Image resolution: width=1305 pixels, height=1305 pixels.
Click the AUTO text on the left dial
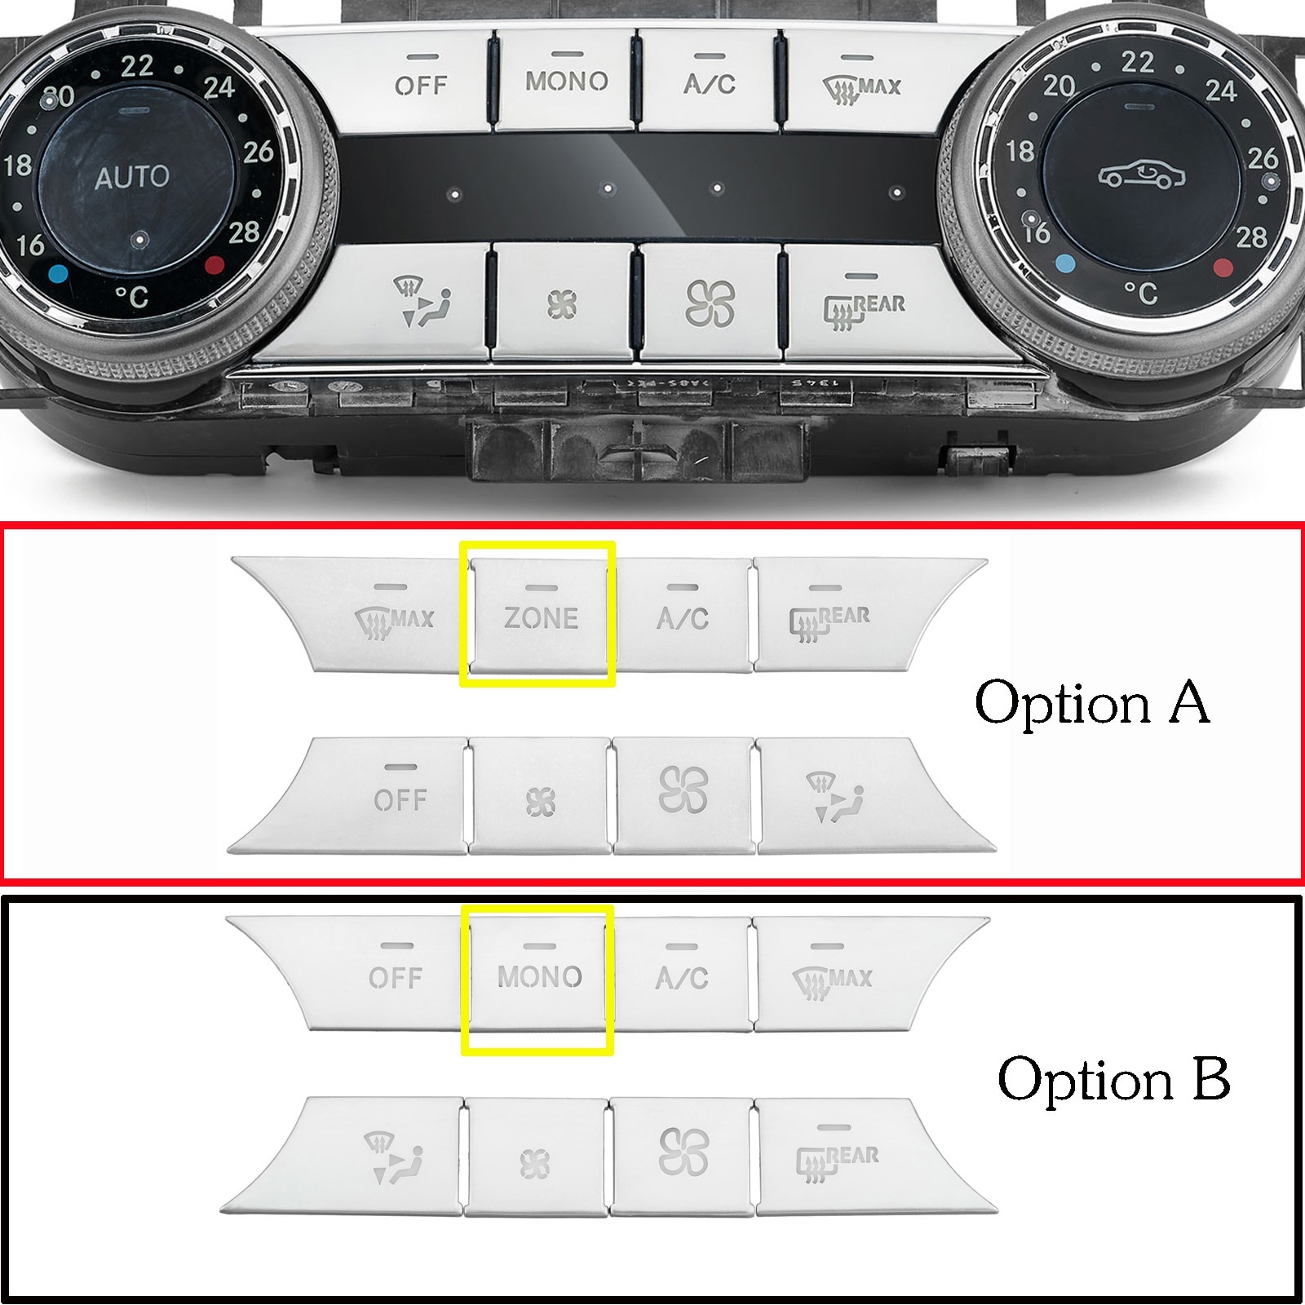coord(131,177)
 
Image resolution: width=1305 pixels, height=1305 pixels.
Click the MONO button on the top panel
coord(566,81)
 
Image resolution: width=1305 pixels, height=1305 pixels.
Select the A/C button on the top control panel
coord(709,82)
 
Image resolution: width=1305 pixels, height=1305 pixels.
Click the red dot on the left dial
coord(215,263)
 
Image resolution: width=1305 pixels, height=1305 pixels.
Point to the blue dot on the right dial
coord(1064,263)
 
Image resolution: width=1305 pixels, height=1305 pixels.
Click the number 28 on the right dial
coord(1251,237)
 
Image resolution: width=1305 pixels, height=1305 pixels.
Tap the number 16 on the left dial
coord(30,244)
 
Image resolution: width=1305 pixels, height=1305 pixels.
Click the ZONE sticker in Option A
coord(540,617)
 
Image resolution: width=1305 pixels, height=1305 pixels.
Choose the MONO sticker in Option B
coord(539,976)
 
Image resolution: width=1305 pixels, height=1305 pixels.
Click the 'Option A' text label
coord(1091,702)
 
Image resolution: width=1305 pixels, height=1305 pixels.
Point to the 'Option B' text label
coord(1113,1079)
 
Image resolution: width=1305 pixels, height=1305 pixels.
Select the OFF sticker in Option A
coord(400,799)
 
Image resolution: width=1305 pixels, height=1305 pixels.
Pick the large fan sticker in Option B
coord(683,1152)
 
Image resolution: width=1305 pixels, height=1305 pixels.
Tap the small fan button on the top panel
coord(562,305)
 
